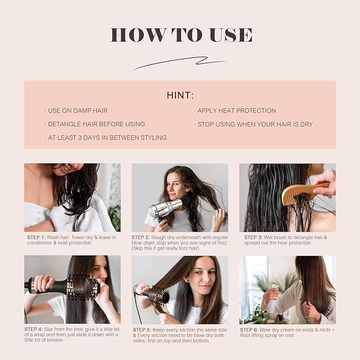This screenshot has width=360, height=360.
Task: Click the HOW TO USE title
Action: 181,35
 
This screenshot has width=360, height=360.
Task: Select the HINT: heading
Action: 180,95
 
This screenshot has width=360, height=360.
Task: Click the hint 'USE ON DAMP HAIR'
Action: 77,111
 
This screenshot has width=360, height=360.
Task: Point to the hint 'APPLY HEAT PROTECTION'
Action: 236,111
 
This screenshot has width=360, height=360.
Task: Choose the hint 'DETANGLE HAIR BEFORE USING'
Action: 96,124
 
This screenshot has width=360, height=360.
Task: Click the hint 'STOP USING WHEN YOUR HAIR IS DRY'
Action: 254,124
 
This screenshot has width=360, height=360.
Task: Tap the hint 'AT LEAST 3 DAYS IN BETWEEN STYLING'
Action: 107,138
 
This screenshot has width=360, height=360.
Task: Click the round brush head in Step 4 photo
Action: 82,287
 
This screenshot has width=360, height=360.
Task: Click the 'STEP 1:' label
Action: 37,237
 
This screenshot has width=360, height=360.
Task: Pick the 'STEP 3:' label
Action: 254,237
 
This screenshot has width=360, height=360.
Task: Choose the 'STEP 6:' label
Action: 254,329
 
